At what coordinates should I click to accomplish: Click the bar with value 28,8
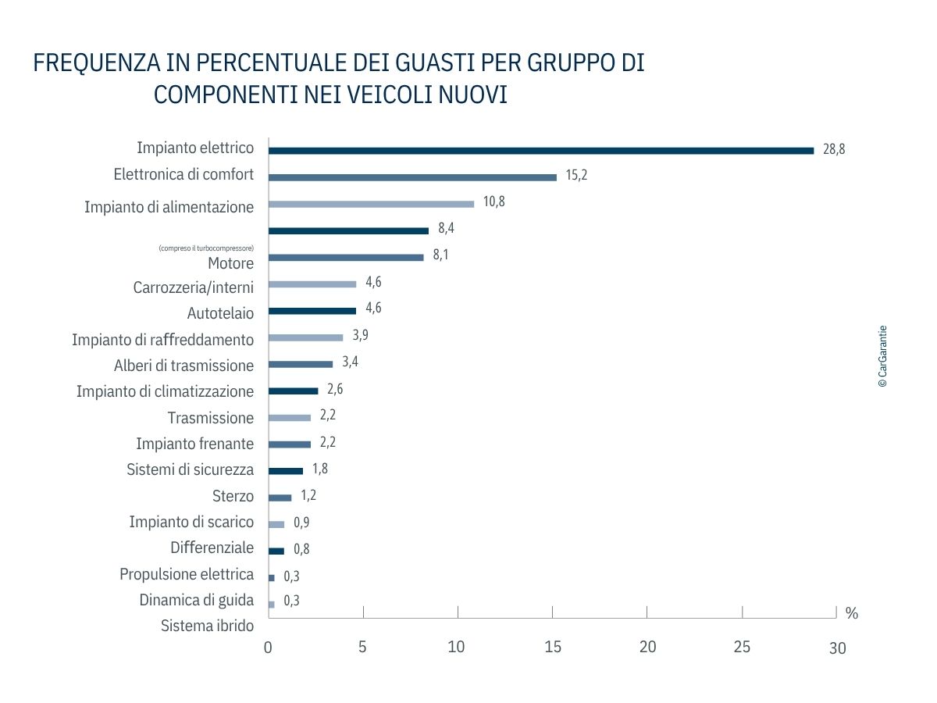point(541,151)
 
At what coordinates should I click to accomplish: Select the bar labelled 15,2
point(412,177)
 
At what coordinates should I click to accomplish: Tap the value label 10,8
point(493,202)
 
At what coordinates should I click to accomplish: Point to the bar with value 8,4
point(348,230)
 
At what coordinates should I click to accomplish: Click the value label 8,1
point(441,255)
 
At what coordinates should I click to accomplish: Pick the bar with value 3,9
point(305,337)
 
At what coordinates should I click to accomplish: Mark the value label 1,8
point(319,469)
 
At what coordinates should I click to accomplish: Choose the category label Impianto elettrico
point(195,148)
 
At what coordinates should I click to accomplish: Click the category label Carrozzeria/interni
point(194,287)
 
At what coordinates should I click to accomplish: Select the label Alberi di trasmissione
point(184,366)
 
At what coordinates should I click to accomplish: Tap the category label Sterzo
point(233,496)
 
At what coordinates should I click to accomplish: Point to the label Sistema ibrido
point(207,626)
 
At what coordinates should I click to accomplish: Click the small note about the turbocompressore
point(206,248)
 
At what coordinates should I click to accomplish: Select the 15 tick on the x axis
point(553,647)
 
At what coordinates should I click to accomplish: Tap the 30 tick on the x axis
point(837,648)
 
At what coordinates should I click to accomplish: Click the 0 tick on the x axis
point(268,647)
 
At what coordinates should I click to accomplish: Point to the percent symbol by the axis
point(851,614)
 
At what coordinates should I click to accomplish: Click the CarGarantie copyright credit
point(882,357)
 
